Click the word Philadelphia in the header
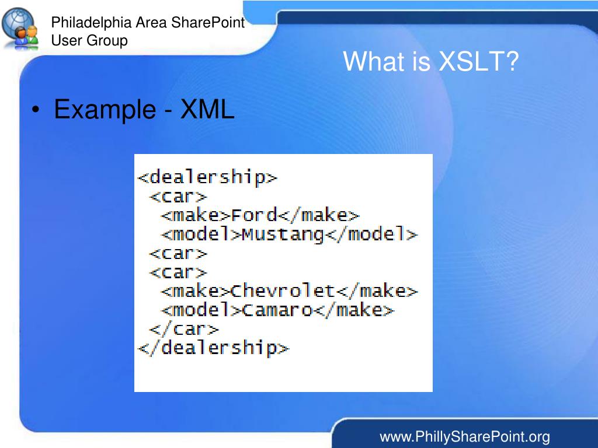[x=92, y=23]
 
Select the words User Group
[x=89, y=40]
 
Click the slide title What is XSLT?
[x=431, y=62]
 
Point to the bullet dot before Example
[x=37, y=110]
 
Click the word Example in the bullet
[x=105, y=109]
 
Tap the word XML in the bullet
[x=207, y=109]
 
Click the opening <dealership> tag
[x=207, y=177]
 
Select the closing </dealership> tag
[x=213, y=348]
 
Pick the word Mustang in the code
[x=283, y=235]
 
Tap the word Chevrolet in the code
[x=283, y=290]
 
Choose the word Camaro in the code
[x=277, y=310]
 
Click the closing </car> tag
[x=184, y=329]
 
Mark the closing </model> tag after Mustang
[x=372, y=235]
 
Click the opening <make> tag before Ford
[x=196, y=215]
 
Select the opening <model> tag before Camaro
[x=201, y=310]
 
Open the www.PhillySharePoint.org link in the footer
[x=465, y=436]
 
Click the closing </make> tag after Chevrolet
[x=377, y=290]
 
